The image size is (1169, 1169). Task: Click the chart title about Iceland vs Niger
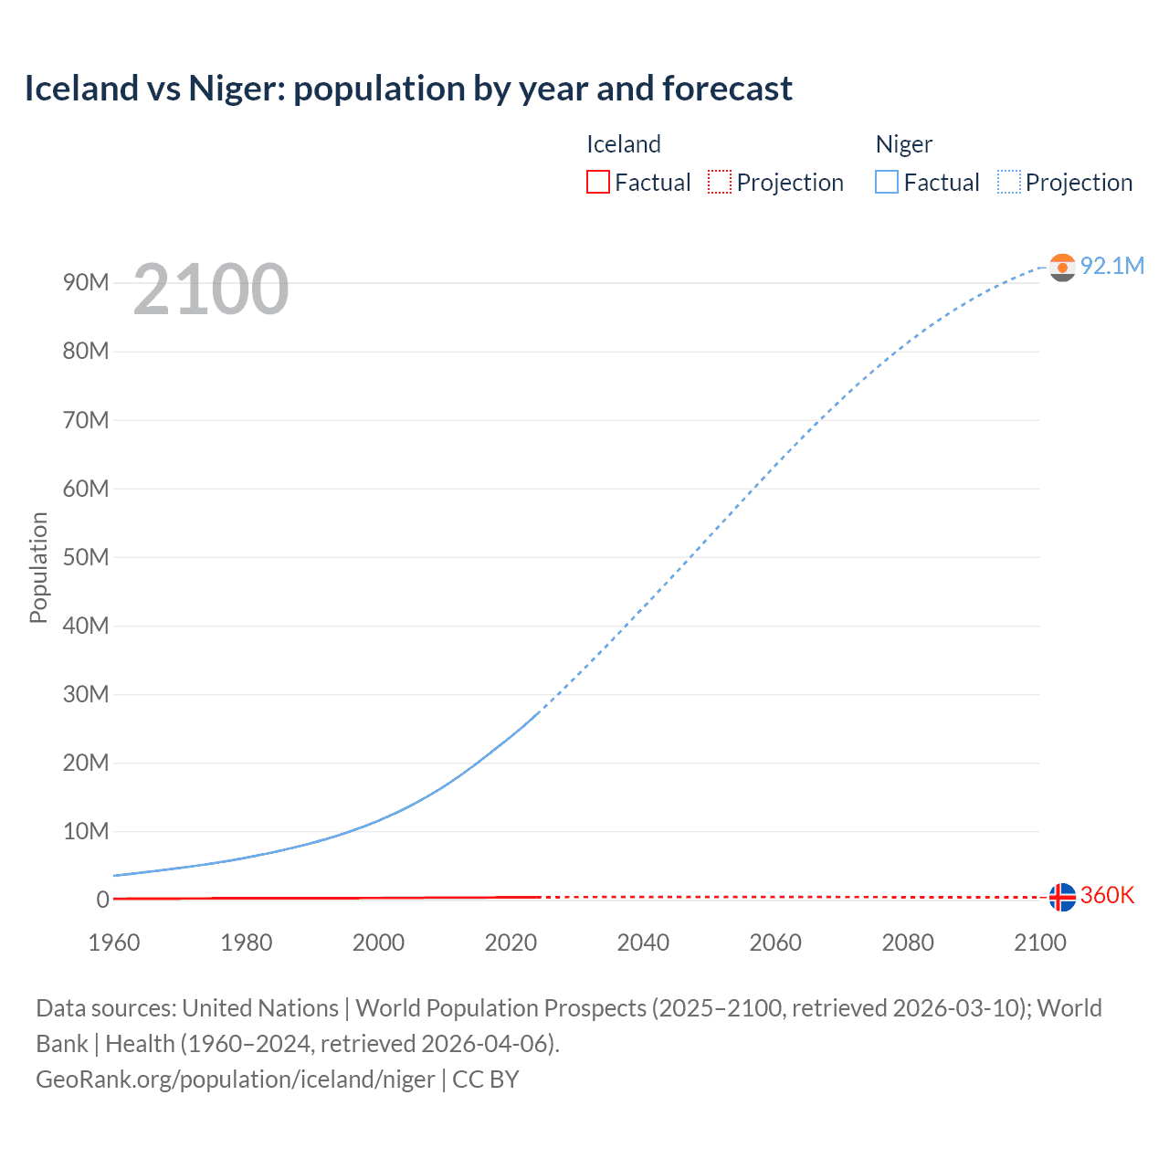[x=408, y=89]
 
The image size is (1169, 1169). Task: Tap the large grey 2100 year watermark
[x=211, y=290]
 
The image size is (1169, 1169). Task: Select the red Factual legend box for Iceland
[x=597, y=182]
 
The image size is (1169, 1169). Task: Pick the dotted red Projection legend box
[x=720, y=182]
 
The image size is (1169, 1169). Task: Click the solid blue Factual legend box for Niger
[x=887, y=182]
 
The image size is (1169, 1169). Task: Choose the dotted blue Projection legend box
[x=1009, y=182]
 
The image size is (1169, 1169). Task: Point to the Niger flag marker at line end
[x=1062, y=267]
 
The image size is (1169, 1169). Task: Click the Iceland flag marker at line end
[x=1062, y=897]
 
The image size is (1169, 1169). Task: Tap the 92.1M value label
[x=1112, y=266]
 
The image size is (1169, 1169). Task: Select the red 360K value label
[x=1107, y=895]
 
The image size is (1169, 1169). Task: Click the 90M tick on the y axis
[x=86, y=282]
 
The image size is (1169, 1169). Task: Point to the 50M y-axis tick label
[x=86, y=557]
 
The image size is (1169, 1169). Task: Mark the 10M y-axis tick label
[x=86, y=831]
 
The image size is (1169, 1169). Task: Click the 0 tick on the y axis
[x=102, y=900]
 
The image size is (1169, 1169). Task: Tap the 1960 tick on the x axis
[x=114, y=943]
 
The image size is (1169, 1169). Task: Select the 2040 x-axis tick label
[x=643, y=943]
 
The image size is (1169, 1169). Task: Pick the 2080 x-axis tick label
[x=908, y=943]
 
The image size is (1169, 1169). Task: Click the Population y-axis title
[x=38, y=567]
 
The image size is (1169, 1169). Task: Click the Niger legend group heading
[x=904, y=144]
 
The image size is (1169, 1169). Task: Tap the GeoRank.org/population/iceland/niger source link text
[x=236, y=1079]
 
